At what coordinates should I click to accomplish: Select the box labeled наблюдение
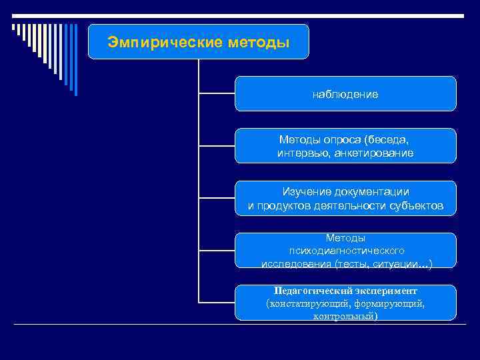pos(345,95)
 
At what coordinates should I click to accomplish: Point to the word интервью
pos(297,153)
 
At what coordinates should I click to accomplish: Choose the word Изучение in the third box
pos(304,192)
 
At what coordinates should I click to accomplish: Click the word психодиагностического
pos(345,251)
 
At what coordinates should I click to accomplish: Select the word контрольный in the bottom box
pos(344,316)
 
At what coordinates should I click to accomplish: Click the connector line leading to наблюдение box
pos(217,94)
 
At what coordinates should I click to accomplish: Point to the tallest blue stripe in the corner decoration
pos(75,60)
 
